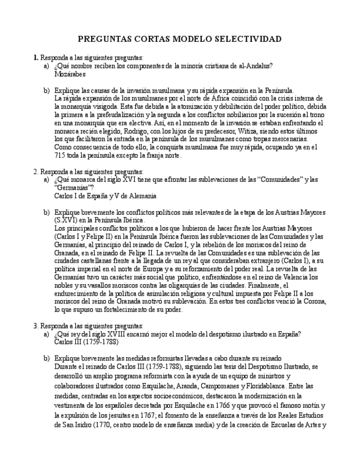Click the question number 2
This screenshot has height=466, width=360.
35,171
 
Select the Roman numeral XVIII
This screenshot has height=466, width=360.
119,334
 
